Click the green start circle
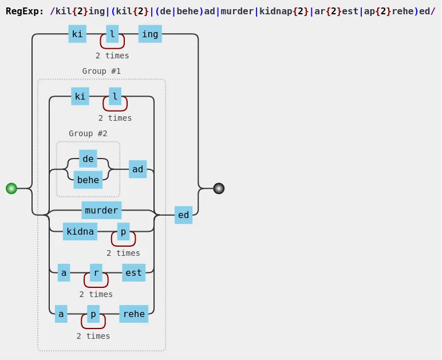click(x=11, y=188)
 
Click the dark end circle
click(x=219, y=188)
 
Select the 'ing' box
click(x=150, y=34)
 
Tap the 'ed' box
click(x=183, y=215)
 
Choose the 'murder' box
click(x=101, y=210)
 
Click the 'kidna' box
click(x=80, y=231)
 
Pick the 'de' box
click(x=88, y=159)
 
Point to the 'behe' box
click(x=88, y=180)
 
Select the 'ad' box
click(x=138, y=169)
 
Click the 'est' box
click(x=133, y=272)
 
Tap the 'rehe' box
click(x=133, y=314)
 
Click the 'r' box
click(x=96, y=272)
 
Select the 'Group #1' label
click(x=101, y=71)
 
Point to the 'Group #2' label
click(x=88, y=133)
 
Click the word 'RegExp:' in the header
click(x=25, y=10)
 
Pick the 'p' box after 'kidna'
click(x=123, y=231)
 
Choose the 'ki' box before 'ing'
click(x=77, y=34)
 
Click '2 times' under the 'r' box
click(x=96, y=294)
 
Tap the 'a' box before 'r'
click(x=64, y=272)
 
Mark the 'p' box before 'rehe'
click(x=93, y=314)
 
